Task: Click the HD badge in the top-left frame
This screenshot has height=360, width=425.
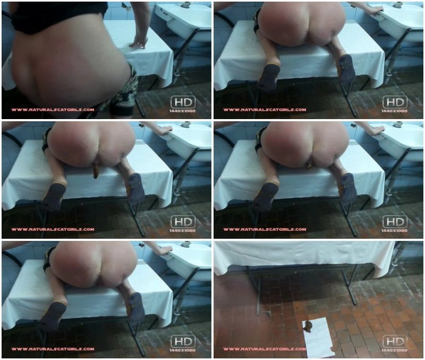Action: [x=183, y=102]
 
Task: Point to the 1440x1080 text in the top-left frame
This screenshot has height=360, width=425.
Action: [x=182, y=111]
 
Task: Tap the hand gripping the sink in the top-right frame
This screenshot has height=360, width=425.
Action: [x=376, y=10]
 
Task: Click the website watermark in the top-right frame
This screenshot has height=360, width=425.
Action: [x=265, y=110]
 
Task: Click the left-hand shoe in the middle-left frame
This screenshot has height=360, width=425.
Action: [x=54, y=196]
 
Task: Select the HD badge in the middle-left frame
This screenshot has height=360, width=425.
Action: [x=183, y=222]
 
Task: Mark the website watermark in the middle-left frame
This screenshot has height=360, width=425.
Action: [x=53, y=230]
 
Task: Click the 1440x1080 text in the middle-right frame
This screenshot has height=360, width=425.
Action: [x=394, y=231]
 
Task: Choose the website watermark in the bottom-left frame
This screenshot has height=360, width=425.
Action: [x=53, y=349]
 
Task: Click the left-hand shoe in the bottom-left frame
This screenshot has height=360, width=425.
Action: [x=54, y=316]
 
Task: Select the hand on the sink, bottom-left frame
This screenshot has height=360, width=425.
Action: [x=165, y=250]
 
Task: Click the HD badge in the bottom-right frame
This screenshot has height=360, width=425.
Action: [x=395, y=341]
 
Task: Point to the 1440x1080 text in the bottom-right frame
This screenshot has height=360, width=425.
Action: [x=394, y=350]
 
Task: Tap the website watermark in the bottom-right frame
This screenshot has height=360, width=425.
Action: [x=265, y=349]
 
